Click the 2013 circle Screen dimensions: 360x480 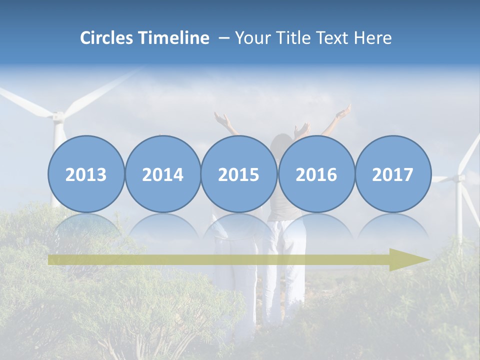86,174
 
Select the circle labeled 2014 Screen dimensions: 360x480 163,174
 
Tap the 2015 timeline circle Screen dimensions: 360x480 239,174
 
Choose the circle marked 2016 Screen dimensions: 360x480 316,174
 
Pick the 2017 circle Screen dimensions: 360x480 393,174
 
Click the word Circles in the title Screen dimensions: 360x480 107,38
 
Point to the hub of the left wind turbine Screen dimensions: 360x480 58,116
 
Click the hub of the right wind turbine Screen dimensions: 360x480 459,177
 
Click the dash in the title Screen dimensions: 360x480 223,38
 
